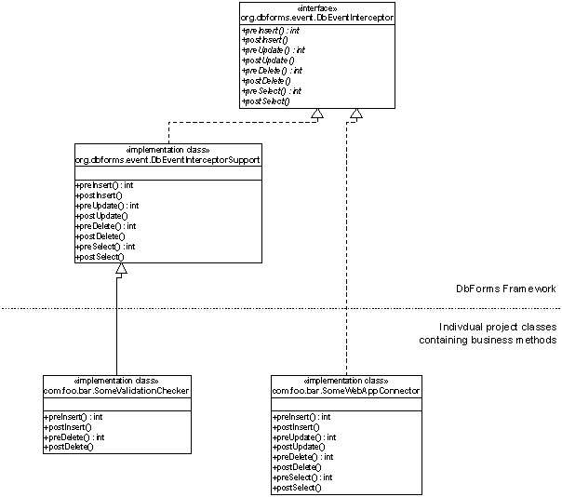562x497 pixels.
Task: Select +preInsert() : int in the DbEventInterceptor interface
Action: (x=271, y=31)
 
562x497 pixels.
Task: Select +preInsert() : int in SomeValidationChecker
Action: (x=73, y=417)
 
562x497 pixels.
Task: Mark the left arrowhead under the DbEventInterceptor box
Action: (x=317, y=114)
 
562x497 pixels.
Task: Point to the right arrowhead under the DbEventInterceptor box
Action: (x=355, y=114)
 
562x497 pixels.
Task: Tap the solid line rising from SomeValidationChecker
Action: (x=117, y=326)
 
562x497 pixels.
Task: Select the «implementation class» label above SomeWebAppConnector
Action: (x=346, y=381)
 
